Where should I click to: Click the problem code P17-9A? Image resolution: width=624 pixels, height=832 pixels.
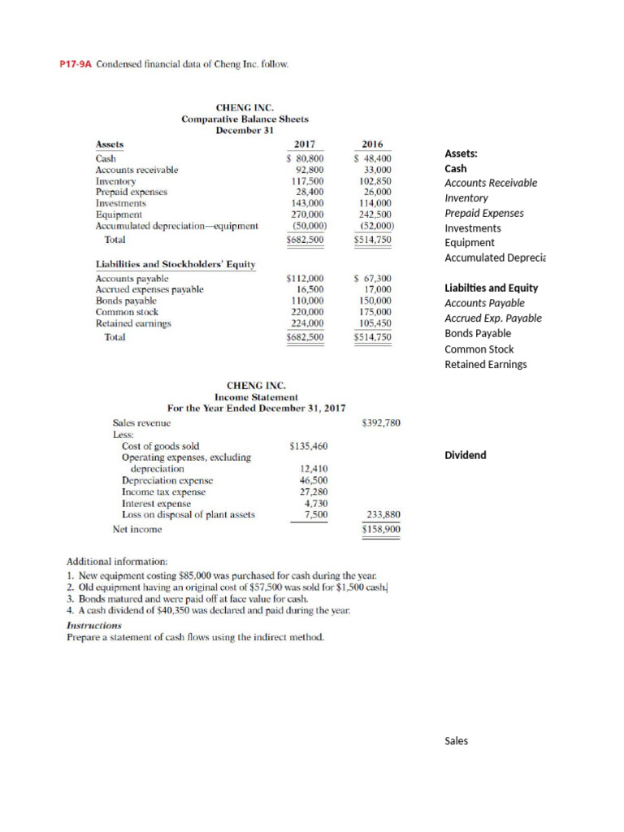(x=76, y=63)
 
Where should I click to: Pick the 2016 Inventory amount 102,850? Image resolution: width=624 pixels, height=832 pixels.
(x=375, y=181)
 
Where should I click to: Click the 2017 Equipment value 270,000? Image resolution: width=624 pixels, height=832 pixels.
(x=308, y=214)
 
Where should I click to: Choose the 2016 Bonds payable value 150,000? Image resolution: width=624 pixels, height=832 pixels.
(x=375, y=301)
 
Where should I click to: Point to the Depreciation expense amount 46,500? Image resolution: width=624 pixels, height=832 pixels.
(x=314, y=480)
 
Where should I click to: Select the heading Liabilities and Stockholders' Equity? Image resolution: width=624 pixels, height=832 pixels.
(x=175, y=264)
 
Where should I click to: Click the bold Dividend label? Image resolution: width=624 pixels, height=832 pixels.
(x=466, y=455)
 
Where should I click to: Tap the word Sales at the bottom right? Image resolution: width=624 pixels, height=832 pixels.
(x=457, y=741)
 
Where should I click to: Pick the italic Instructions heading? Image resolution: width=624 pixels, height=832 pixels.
(x=93, y=626)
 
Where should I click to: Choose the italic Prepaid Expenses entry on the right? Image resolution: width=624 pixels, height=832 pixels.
(x=484, y=214)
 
